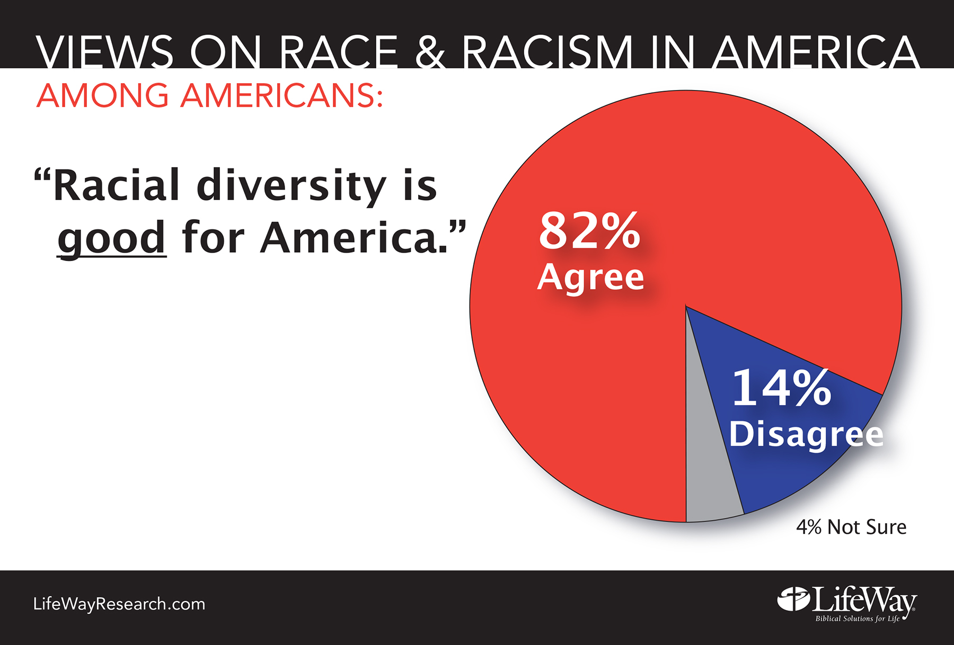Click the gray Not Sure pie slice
coord(708,477)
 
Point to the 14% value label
coord(781,388)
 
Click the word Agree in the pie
coord(590,277)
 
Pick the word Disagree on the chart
coord(806,434)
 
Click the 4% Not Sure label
coord(851,527)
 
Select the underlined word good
coord(112,238)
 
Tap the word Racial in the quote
coord(117,185)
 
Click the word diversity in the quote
coord(291,186)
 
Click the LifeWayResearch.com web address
coord(119,604)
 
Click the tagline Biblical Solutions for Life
coord(857,619)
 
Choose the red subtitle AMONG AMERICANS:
coord(209,96)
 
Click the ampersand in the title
coord(430,52)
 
